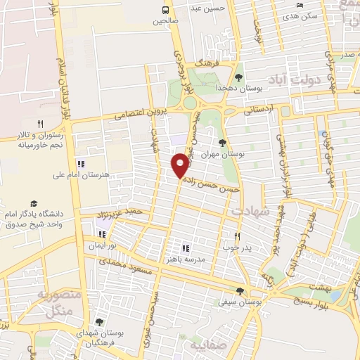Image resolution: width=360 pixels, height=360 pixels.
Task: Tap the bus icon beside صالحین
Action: [166, 10]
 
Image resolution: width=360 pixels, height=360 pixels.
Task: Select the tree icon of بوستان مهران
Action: [223, 142]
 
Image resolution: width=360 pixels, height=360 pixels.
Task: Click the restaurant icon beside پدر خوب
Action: [237, 237]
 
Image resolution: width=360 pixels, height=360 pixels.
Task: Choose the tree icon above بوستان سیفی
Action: [240, 291]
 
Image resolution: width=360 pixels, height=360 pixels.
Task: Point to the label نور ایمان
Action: [101, 246]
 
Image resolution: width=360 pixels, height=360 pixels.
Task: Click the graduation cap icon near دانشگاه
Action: [34, 203]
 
